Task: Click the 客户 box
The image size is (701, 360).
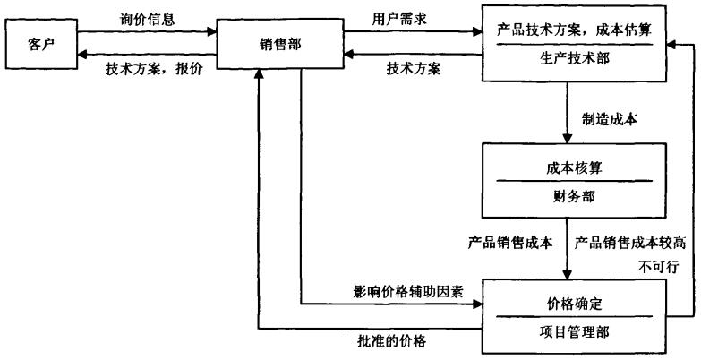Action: tap(41, 44)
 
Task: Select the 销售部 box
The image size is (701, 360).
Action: tap(280, 44)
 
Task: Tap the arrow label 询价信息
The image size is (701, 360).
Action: tap(147, 20)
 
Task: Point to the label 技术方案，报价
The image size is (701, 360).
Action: tap(154, 69)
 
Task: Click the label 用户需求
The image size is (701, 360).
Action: tap(399, 19)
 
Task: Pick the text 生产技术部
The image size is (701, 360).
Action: tap(575, 58)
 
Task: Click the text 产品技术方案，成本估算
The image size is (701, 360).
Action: tap(575, 30)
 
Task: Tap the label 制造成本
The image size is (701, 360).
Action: tap(610, 119)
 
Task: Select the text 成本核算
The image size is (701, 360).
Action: tap(574, 168)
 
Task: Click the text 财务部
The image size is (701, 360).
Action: tap(574, 196)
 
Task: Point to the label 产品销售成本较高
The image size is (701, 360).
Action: tap(630, 243)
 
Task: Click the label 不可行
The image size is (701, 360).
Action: tap(659, 267)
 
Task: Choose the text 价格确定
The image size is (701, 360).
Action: tap(574, 304)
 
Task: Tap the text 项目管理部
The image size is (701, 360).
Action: tap(574, 332)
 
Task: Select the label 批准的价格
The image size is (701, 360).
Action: tap(391, 341)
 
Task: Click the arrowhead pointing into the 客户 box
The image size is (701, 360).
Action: tap(82, 54)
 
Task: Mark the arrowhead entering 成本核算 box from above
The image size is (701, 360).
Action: tap(568, 138)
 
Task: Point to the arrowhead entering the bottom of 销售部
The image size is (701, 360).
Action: tap(258, 74)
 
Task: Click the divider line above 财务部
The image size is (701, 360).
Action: tap(575, 181)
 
